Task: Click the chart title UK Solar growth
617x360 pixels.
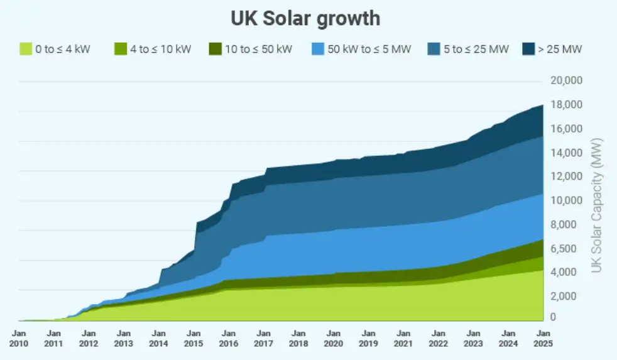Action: point(305,18)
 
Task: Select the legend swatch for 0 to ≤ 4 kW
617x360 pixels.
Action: point(26,49)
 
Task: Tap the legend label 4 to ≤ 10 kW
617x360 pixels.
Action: point(160,49)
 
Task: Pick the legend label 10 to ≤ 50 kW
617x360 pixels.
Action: point(258,49)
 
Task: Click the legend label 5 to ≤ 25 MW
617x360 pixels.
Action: point(475,49)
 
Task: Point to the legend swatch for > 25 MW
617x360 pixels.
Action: point(528,49)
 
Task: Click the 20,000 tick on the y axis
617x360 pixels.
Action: point(566,80)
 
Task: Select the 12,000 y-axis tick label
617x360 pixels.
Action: point(566,177)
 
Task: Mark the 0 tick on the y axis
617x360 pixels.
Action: point(554,318)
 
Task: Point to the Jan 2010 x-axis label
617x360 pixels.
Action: point(19,338)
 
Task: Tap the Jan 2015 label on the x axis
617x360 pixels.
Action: point(194,338)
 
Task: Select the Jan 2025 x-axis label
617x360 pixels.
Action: point(543,338)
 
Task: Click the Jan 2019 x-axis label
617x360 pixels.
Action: point(368,338)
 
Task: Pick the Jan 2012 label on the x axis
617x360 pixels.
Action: point(89,338)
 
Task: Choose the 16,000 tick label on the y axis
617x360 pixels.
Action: point(566,129)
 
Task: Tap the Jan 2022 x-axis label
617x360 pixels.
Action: point(438,338)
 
